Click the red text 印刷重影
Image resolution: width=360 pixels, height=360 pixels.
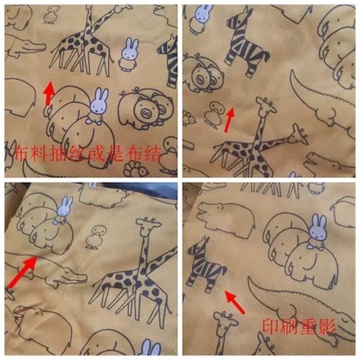click(x=299, y=327)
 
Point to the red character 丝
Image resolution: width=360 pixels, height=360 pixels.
click(x=77, y=153)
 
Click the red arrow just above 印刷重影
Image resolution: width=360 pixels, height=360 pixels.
click(x=235, y=302)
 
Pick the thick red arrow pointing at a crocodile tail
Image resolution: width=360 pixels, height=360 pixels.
click(x=23, y=272)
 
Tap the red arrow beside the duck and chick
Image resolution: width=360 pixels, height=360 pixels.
click(x=230, y=120)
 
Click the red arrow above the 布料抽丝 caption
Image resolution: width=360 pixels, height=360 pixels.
click(x=49, y=93)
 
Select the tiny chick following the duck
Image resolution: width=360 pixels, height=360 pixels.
click(x=188, y=118)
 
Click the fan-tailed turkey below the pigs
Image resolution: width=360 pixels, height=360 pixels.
click(x=136, y=169)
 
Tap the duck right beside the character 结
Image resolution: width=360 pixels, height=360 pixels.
click(x=169, y=156)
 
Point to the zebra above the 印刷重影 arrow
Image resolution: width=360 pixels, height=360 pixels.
click(x=206, y=261)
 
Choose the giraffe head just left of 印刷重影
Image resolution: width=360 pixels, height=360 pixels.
click(x=226, y=321)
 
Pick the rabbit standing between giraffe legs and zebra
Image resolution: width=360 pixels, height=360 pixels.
click(x=129, y=54)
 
